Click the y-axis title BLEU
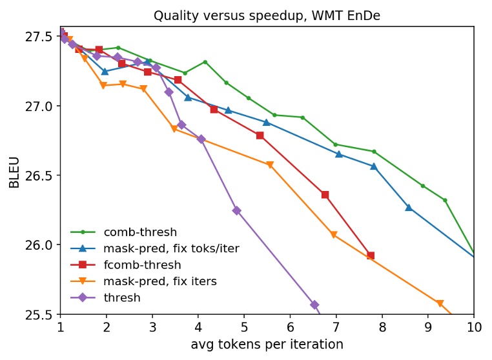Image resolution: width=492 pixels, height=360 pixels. (14, 172)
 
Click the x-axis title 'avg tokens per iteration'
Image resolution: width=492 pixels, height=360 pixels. (267, 345)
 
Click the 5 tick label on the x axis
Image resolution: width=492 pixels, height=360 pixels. (244, 327)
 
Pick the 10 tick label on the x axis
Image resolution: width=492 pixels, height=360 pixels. (474, 327)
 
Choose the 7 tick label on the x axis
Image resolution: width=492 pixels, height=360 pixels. (336, 327)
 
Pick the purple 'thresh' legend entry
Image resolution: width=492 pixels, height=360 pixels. (121, 297)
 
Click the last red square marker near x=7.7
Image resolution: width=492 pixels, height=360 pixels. (371, 255)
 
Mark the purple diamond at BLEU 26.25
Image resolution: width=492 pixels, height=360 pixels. (236, 210)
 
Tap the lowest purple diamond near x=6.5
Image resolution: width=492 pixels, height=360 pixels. (314, 305)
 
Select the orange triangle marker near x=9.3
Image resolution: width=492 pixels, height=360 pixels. (440, 303)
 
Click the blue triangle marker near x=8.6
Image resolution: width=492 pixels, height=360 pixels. (408, 207)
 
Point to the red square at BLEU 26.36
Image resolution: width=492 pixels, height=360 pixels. (325, 194)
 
